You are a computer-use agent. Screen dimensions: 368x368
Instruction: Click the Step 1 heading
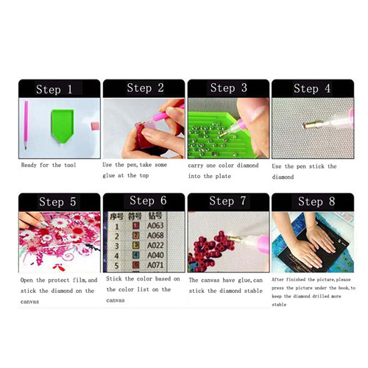click(x=54, y=89)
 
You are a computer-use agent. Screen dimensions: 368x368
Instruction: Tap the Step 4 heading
click(x=312, y=88)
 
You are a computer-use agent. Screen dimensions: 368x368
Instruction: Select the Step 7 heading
click(x=227, y=201)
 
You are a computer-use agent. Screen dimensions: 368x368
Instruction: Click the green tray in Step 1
click(x=63, y=126)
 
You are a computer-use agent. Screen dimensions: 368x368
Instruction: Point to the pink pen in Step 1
click(x=26, y=124)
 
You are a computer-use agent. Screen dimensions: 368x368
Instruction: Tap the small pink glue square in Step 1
click(x=95, y=126)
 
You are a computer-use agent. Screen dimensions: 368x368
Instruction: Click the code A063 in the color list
click(x=155, y=226)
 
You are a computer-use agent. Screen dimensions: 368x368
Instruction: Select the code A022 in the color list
click(x=155, y=245)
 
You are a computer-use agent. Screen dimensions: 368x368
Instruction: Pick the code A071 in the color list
click(x=155, y=265)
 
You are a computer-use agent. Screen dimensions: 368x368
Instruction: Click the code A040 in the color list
click(x=155, y=255)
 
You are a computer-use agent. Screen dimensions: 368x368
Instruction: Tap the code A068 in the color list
click(x=155, y=236)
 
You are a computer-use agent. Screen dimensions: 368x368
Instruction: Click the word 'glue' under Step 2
click(x=109, y=176)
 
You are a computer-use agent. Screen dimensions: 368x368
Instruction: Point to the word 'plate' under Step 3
click(x=223, y=176)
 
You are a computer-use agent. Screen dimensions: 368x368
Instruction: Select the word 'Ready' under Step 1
click(x=29, y=165)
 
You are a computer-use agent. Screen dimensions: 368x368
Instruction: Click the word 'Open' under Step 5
click(x=26, y=280)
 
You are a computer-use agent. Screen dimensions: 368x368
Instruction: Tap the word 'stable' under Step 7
click(x=253, y=291)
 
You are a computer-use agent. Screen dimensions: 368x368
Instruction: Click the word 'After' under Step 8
click(x=277, y=280)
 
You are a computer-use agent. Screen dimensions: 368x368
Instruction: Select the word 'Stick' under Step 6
click(x=114, y=279)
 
